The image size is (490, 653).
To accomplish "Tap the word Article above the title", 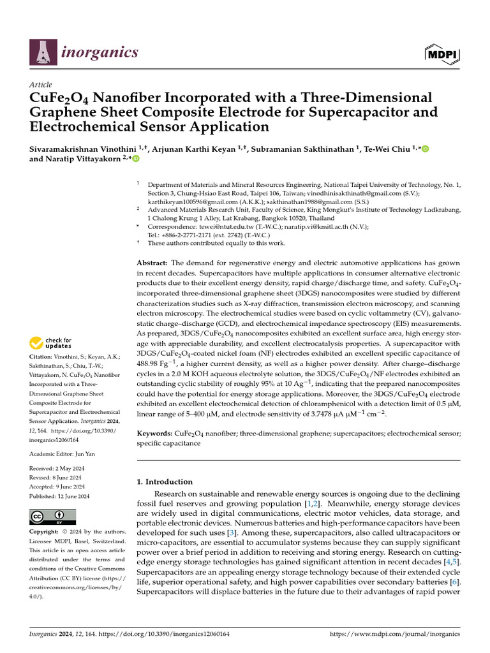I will point(41,85).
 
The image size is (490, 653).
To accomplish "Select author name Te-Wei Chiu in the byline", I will point(390,149).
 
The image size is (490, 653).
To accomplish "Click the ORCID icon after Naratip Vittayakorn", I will point(135,159).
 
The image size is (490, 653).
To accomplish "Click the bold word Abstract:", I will point(152,263).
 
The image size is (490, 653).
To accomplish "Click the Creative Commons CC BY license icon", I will point(52,516).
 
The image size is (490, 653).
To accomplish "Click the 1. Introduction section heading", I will point(165,482).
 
